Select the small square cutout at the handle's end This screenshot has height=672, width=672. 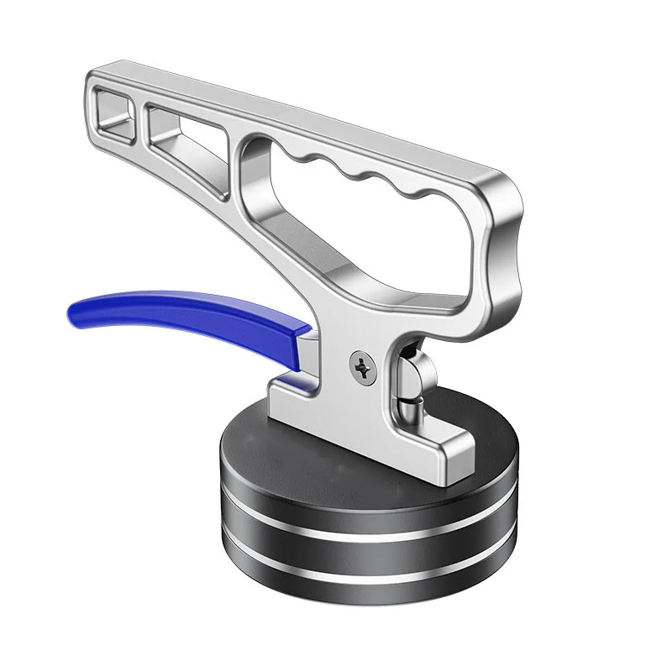[116, 107]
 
